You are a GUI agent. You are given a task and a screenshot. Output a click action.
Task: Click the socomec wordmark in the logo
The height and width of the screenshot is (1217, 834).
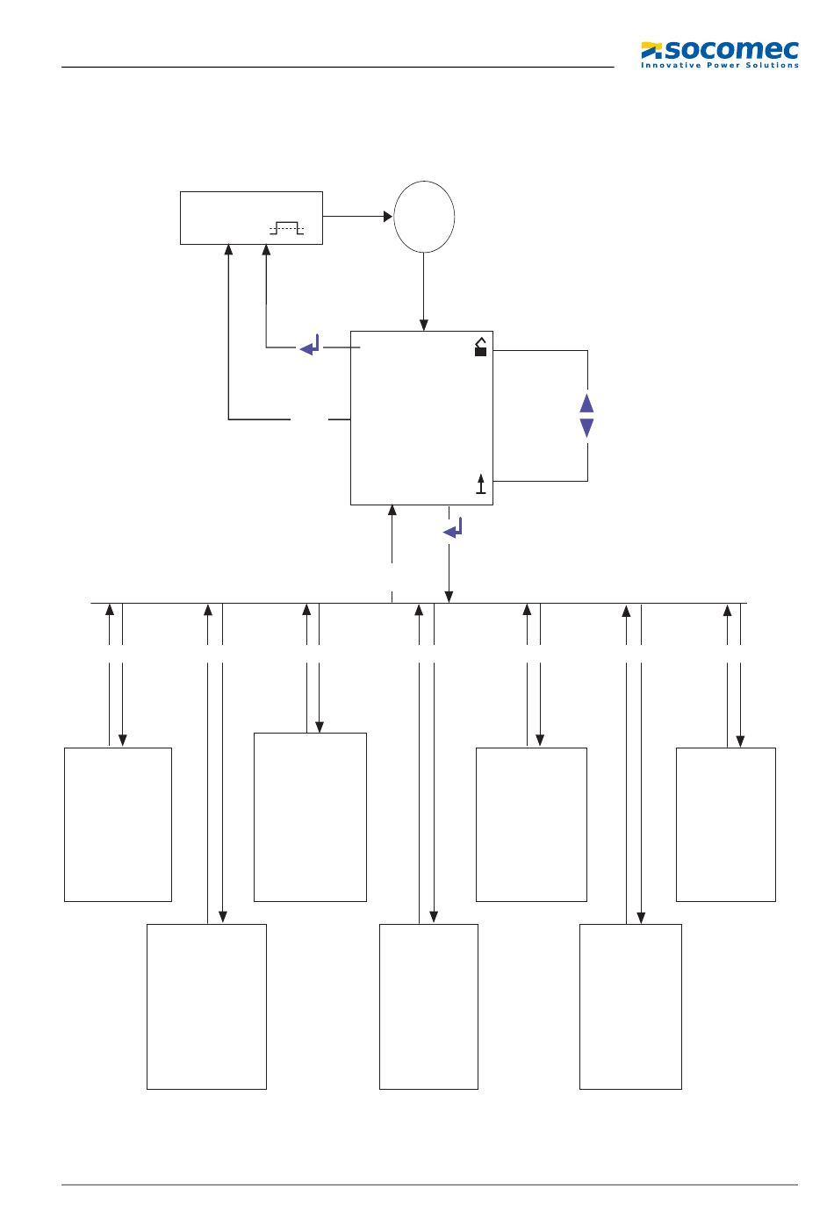(x=731, y=50)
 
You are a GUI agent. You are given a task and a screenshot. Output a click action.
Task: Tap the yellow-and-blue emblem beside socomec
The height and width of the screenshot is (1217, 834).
(x=651, y=50)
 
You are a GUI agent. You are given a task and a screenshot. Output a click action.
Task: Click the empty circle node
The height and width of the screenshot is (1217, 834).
(x=424, y=217)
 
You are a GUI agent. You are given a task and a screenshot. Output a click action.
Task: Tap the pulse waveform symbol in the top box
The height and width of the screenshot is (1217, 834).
(x=286, y=228)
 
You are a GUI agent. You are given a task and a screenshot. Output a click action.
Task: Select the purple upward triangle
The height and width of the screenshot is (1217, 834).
(x=586, y=403)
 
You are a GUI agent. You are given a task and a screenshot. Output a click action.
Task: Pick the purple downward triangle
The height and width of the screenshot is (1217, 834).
(x=586, y=427)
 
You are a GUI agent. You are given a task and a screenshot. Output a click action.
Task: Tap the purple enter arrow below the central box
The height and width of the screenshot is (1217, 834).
(x=453, y=528)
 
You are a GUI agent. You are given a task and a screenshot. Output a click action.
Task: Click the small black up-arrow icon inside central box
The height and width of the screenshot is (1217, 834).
(x=480, y=483)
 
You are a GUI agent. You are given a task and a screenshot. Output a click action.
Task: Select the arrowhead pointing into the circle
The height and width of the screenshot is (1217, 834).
(x=388, y=216)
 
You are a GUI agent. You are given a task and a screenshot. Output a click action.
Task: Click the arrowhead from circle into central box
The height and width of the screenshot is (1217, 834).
(x=424, y=326)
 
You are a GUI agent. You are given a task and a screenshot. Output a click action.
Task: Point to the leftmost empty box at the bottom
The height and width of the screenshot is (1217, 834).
(x=118, y=824)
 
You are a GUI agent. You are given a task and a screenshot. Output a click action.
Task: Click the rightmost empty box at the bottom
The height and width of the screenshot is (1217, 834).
(x=725, y=824)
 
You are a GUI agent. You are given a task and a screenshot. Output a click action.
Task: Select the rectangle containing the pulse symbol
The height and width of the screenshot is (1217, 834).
(x=251, y=218)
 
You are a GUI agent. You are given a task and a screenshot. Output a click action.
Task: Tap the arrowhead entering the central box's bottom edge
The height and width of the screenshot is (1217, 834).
(x=392, y=510)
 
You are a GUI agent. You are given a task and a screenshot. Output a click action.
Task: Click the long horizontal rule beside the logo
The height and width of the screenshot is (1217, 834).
(x=337, y=67)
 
